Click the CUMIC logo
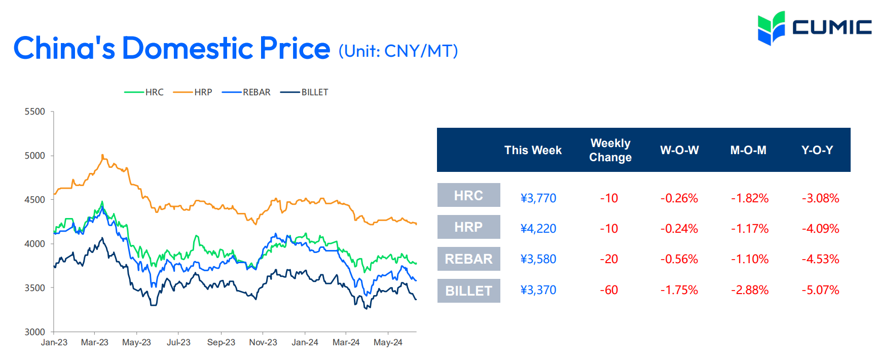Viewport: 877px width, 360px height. click(x=815, y=28)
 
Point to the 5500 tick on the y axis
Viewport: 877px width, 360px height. click(x=35, y=112)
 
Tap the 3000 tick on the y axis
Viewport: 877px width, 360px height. click(x=35, y=332)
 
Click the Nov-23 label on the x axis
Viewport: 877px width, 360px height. click(x=263, y=342)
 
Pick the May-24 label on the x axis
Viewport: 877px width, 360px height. click(x=388, y=342)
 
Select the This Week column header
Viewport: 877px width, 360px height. click(x=533, y=150)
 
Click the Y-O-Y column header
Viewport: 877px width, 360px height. click(x=817, y=150)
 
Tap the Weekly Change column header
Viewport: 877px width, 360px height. click(x=610, y=150)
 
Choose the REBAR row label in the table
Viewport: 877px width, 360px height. click(x=468, y=259)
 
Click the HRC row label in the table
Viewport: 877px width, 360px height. click(x=468, y=195)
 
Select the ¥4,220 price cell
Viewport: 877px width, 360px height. click(x=538, y=229)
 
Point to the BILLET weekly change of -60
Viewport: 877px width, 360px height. click(x=609, y=290)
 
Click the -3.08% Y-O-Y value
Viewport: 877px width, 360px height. click(x=820, y=198)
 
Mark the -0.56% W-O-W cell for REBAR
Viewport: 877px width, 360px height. click(x=679, y=259)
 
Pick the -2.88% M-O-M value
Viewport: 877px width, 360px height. click(x=749, y=290)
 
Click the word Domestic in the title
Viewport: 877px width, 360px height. click(x=187, y=49)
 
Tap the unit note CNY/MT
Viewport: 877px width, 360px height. click(x=421, y=51)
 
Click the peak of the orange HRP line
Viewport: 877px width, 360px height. click(x=102, y=155)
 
